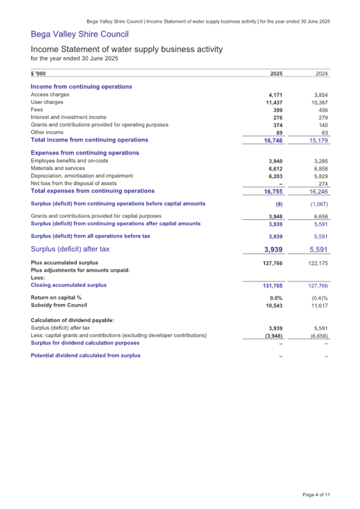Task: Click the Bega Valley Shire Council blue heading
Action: (x=79, y=35)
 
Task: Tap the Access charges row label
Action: (x=50, y=94)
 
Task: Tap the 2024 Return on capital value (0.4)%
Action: (x=320, y=297)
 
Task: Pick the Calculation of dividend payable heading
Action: (x=73, y=320)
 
